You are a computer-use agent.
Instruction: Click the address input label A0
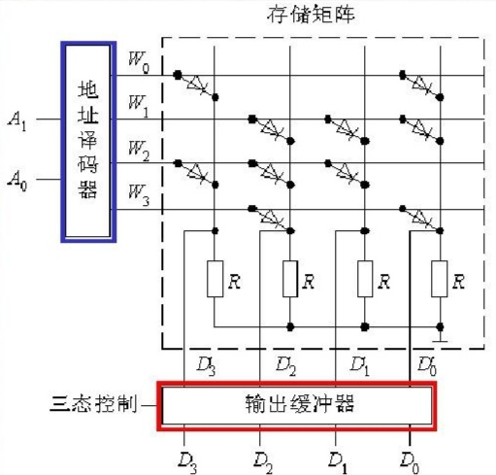pyautogui.click(x=17, y=181)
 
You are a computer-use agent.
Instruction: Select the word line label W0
pyautogui.click(x=139, y=62)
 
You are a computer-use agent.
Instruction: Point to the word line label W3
pyautogui.click(x=139, y=195)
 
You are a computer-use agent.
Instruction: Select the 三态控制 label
pyautogui.click(x=93, y=404)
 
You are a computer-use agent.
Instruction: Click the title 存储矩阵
pyautogui.click(x=311, y=15)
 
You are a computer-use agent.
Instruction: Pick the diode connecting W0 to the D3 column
pyautogui.click(x=197, y=85)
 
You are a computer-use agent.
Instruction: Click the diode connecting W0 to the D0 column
pyautogui.click(x=422, y=85)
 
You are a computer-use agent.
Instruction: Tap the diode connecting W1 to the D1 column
pyautogui.click(x=347, y=129)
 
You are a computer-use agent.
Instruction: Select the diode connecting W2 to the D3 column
pyautogui.click(x=197, y=173)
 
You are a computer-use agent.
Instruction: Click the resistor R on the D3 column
pyautogui.click(x=215, y=279)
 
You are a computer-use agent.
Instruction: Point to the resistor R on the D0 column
pyautogui.click(x=440, y=279)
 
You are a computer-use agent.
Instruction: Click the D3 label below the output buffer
pyautogui.click(x=187, y=462)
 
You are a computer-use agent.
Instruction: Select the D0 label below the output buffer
pyautogui.click(x=410, y=462)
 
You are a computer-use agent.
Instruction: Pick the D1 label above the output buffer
pyautogui.click(x=360, y=365)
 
